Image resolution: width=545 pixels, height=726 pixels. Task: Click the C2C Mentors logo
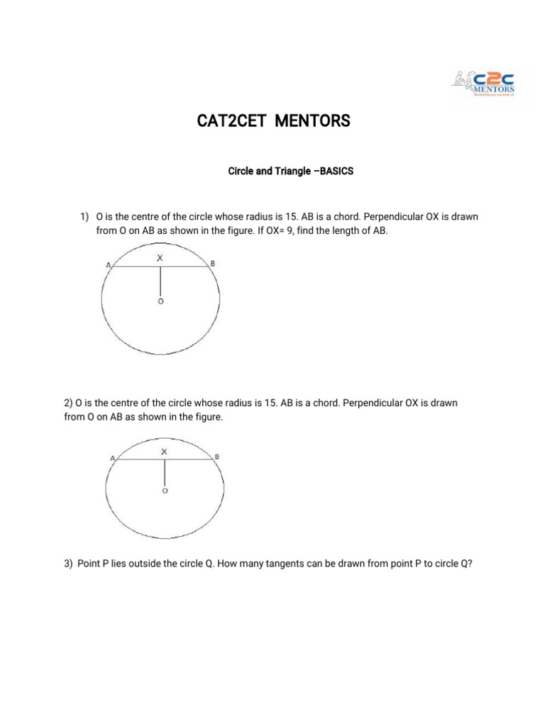[x=485, y=84]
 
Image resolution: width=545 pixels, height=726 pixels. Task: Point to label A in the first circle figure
[x=108, y=265]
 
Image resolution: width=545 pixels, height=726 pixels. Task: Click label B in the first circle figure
[x=214, y=264]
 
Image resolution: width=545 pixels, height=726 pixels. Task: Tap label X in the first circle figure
[x=160, y=258]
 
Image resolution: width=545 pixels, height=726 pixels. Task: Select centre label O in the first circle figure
[x=160, y=301]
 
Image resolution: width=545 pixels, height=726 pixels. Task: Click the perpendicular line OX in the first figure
[x=161, y=281]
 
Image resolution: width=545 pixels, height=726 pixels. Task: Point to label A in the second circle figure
[x=112, y=459]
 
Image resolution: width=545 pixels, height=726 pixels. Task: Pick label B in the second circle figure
[x=217, y=457]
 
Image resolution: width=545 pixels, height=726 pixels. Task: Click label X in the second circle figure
[x=165, y=451]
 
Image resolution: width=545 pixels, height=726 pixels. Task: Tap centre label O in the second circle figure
[x=165, y=491]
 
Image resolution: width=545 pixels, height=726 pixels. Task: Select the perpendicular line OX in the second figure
[x=165, y=471]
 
